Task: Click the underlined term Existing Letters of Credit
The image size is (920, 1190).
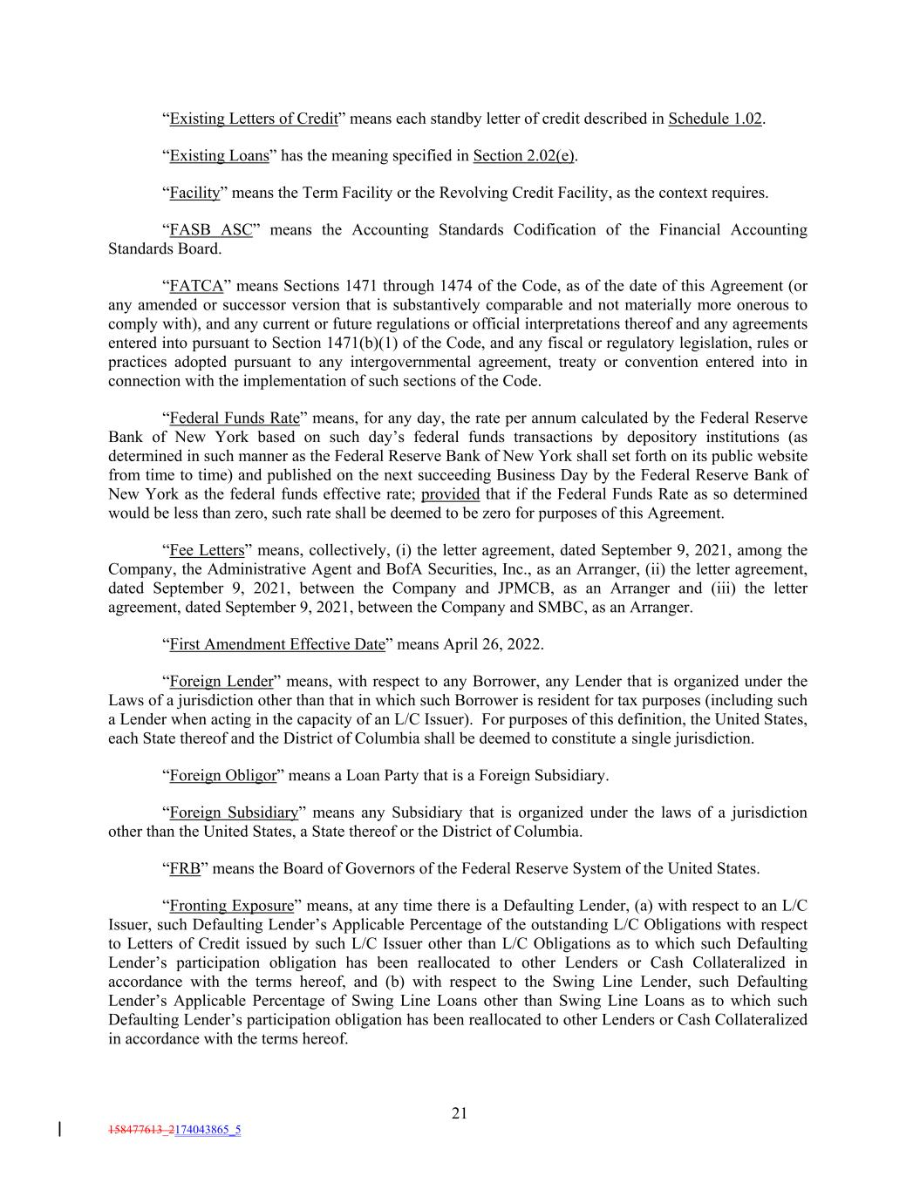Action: point(253,119)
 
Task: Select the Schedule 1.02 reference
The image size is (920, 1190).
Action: point(715,119)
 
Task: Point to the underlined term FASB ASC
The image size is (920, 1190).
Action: point(210,230)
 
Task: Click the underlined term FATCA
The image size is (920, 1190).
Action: point(196,286)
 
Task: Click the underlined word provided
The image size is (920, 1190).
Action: point(450,494)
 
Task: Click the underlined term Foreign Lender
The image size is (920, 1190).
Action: point(221,682)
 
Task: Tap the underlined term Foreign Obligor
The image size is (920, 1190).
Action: point(222,775)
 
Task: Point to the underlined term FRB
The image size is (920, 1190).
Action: point(185,868)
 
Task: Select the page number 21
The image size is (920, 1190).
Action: point(460,1112)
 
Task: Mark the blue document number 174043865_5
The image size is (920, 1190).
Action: point(208,1130)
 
